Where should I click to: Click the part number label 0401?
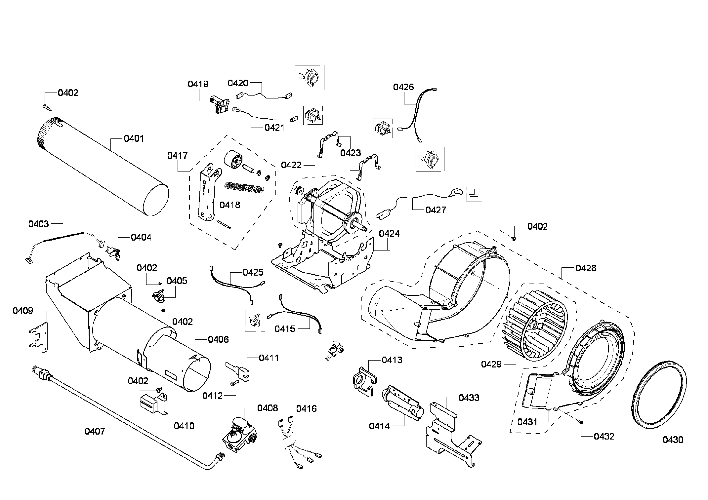coord(134,138)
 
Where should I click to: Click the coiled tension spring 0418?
coord(244,189)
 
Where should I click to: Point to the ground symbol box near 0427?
coord(474,194)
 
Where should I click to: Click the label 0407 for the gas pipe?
coord(95,431)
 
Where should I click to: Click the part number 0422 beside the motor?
coord(291,165)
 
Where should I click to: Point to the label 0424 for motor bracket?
coord(389,234)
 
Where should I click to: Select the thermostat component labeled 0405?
coord(159,295)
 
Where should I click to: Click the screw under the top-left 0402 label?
coord(46,106)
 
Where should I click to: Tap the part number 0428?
coord(586,268)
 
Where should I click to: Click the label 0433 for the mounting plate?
coord(469,398)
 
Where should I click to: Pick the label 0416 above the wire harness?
coord(306,409)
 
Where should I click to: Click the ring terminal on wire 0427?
coord(457,191)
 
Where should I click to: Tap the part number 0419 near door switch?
coord(198,84)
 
